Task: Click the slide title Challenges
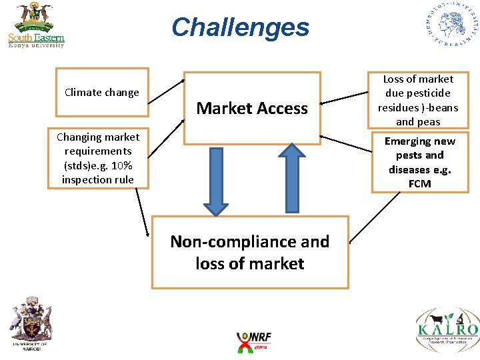click(240, 28)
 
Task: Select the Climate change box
click(102, 87)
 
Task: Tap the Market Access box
click(252, 108)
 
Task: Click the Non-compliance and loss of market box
click(250, 252)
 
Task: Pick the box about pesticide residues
click(418, 100)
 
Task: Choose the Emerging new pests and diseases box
click(420, 162)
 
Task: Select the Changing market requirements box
click(98, 158)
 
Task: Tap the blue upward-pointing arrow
click(290, 179)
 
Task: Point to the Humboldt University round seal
click(452, 24)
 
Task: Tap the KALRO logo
click(447, 327)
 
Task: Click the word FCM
click(421, 184)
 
